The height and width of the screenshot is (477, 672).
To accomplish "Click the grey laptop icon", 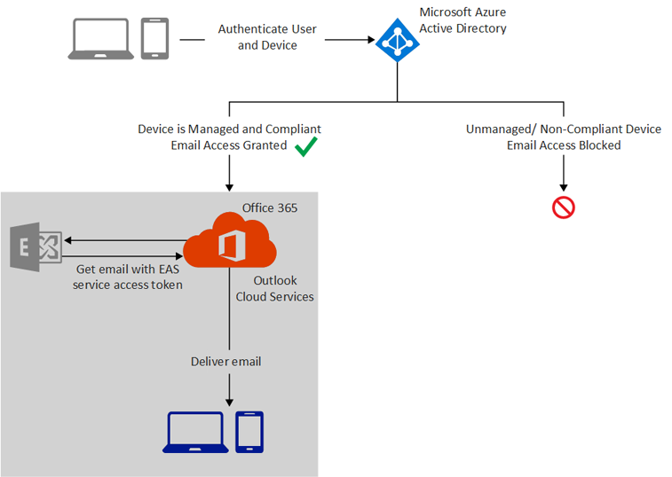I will (x=101, y=40).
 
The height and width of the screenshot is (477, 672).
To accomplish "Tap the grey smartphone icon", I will (x=154, y=39).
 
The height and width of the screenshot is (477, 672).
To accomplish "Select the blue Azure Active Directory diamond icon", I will (x=397, y=40).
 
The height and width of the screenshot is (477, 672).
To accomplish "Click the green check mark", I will (x=306, y=146).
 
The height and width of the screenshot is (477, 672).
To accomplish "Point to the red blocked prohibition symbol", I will (x=564, y=208).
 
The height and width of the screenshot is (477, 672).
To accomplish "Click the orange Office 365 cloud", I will (x=230, y=240).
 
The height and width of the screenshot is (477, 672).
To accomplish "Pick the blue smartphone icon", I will (x=249, y=432).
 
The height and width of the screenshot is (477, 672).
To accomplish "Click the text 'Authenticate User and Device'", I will (x=267, y=37).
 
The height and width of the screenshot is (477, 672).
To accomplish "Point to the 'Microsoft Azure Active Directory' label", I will (x=462, y=21).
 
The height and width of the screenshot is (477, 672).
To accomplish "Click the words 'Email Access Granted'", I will (x=228, y=145).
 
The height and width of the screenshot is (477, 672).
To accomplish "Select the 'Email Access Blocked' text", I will (x=563, y=145).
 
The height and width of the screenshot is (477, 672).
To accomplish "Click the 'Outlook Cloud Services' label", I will (x=275, y=289).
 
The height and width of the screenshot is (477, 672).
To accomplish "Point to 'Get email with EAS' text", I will (x=115, y=270).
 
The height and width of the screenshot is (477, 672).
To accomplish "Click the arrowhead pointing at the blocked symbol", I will (x=564, y=188).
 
